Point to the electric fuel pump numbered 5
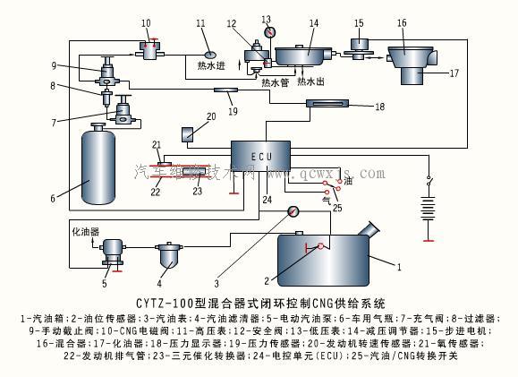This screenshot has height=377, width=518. tap(113, 250)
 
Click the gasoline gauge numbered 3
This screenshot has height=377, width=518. tap(292, 212)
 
